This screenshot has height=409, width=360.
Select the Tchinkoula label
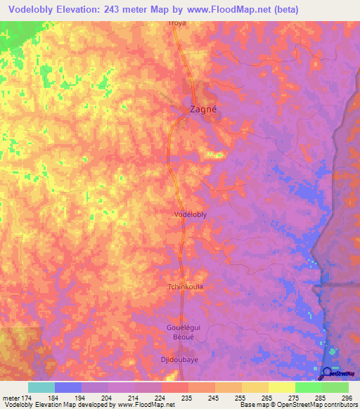[x=185, y=287]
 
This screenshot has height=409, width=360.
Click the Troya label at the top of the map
[x=177, y=23]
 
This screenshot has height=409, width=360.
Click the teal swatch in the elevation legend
[x=41, y=387]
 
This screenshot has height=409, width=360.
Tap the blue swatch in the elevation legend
[x=68, y=387]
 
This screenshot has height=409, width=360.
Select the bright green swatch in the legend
[x=309, y=387]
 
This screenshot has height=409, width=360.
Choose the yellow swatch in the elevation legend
[x=282, y=387]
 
